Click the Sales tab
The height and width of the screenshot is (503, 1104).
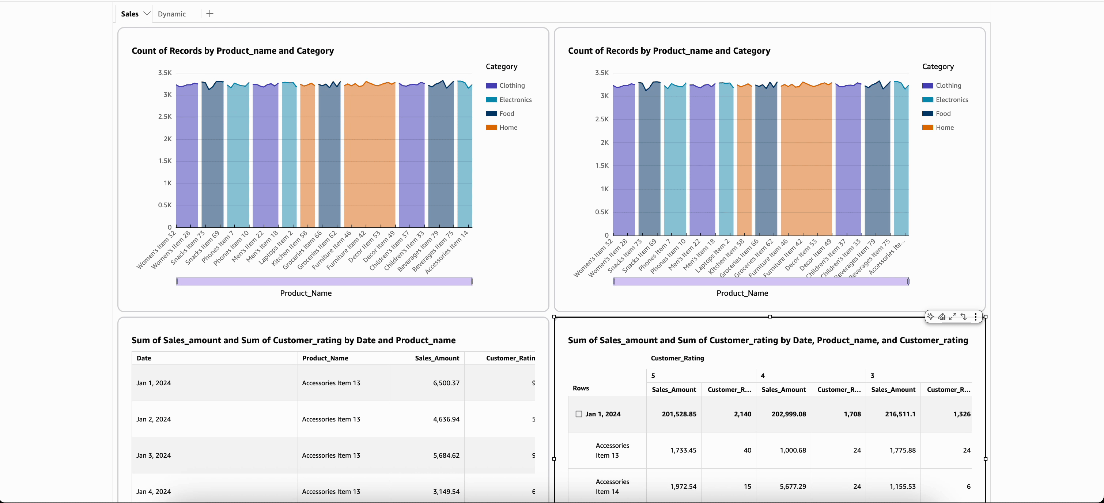[x=129, y=14]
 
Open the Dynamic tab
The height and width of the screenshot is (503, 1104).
[x=171, y=14]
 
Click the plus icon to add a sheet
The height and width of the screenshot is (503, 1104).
[x=209, y=14]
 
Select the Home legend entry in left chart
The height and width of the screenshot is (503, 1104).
[x=508, y=128]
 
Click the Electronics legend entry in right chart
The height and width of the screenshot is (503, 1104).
[x=952, y=100]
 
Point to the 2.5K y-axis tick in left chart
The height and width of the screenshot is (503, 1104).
[x=165, y=117]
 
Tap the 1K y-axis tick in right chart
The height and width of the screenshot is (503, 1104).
[x=604, y=189]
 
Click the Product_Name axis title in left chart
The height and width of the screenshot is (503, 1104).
[x=306, y=293]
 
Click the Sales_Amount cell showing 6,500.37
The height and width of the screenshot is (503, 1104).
[x=446, y=383]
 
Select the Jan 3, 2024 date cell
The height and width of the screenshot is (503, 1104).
[x=154, y=455]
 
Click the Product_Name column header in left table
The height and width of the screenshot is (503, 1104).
[x=325, y=358]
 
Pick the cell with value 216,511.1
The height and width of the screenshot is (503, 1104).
[x=900, y=414]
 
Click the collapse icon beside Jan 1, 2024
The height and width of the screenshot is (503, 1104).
[x=579, y=414]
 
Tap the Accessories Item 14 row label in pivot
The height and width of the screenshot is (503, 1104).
[x=612, y=487]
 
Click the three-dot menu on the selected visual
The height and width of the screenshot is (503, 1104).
[x=975, y=317]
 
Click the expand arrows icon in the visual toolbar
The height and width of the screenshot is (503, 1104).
[x=953, y=317]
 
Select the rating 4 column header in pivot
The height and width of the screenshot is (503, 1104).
[x=763, y=376]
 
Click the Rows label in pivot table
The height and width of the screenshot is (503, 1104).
[x=581, y=388]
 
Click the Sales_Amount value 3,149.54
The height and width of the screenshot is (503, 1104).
[x=446, y=491]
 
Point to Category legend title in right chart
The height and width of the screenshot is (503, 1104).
[x=938, y=67]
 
